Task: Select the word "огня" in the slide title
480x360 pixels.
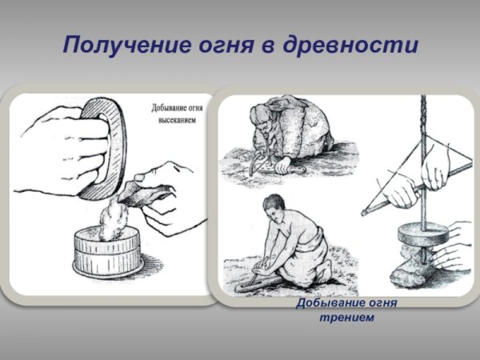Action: (x=218, y=44)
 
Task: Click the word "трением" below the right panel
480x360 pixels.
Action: (x=346, y=318)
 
